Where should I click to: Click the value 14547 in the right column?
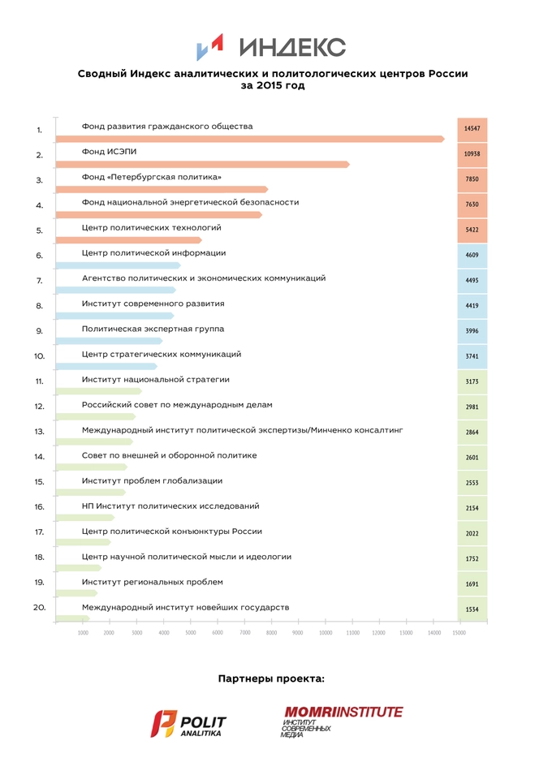tap(472, 129)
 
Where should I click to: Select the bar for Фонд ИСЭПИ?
tap(203, 164)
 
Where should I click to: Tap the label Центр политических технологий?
tap(152, 229)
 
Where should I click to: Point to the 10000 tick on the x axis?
tap(326, 633)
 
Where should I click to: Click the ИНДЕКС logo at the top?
tap(273, 47)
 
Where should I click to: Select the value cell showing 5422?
tap(472, 230)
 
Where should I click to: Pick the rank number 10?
tap(39, 356)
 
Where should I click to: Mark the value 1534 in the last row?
tap(472, 609)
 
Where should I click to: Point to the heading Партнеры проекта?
tap(271, 678)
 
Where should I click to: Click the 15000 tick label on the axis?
tap(459, 633)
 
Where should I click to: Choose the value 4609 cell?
tap(472, 256)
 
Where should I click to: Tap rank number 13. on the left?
tap(39, 432)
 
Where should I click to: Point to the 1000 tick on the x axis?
tap(83, 633)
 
